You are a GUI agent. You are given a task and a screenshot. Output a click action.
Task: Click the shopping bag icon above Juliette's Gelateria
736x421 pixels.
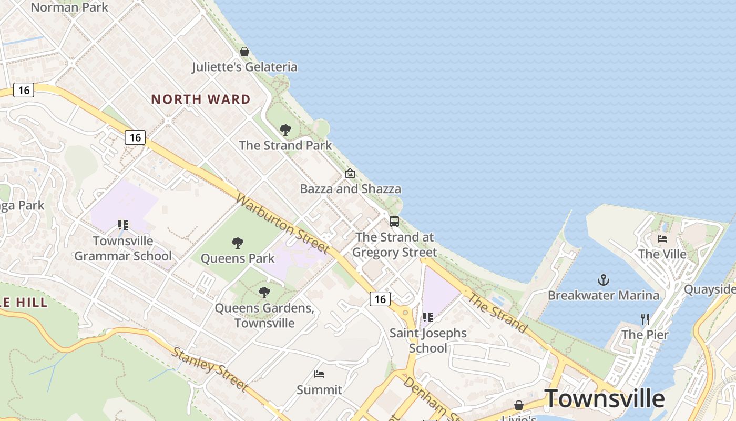244,52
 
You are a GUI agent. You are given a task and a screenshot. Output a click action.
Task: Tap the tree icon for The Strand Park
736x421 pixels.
285,129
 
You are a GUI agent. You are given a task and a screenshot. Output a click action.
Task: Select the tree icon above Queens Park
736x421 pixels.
238,243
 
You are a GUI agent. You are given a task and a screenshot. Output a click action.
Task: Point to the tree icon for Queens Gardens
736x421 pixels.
264,293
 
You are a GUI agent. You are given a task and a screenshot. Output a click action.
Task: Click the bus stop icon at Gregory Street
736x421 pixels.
394,222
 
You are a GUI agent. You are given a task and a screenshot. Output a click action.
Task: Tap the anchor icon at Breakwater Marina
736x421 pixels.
604,279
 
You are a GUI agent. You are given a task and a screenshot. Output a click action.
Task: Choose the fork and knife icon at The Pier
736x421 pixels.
645,319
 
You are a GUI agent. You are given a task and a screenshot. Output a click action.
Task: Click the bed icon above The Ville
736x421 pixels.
662,239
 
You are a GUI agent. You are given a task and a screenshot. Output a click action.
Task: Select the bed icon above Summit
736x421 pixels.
319,374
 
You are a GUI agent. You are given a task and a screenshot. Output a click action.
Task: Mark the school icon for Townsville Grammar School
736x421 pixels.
123,225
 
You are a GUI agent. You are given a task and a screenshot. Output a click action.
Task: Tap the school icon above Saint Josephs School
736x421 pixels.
428,317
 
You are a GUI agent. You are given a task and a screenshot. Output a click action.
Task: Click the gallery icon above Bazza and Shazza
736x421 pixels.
350,173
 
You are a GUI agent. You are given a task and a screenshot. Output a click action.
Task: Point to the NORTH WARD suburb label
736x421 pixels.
201,99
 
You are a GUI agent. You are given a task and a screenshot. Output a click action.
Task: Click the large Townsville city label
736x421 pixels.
605,398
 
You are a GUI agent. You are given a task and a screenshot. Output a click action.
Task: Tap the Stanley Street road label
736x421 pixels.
209,369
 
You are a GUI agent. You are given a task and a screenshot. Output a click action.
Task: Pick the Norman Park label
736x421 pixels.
69,7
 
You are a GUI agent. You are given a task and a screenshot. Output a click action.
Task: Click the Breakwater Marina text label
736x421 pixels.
604,295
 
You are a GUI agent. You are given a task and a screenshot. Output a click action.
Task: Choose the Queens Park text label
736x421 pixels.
238,258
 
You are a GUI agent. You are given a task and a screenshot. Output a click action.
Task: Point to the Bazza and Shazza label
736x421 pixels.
351,189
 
